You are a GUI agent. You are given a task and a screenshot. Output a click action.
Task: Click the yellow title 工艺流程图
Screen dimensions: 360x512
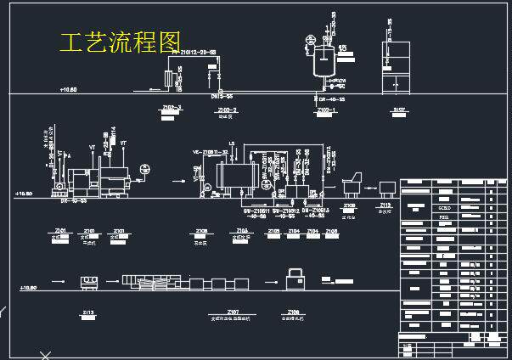[x=121, y=42]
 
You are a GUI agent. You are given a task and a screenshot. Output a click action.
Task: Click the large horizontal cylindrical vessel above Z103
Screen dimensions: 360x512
[x=237, y=177]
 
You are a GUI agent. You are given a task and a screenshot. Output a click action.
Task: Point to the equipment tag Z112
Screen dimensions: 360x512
[x=385, y=205]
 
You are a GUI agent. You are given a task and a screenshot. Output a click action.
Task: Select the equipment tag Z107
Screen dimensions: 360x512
[x=233, y=312]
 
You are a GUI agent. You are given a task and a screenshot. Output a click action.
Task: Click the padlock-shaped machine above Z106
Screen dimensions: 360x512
[x=295, y=277]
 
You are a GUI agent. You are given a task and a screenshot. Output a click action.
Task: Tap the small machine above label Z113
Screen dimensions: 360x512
[x=87, y=281]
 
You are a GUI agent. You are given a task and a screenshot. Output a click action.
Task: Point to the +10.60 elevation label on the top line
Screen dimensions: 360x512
[x=68, y=89]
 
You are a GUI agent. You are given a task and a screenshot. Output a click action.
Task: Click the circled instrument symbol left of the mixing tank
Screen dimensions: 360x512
[x=309, y=40]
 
